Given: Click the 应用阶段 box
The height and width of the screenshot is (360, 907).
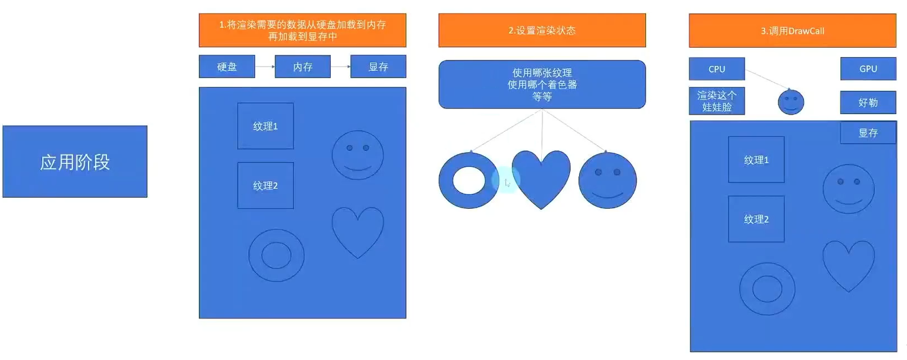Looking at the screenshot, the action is click(x=75, y=161).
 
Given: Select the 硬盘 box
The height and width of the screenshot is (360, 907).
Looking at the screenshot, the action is click(x=227, y=66).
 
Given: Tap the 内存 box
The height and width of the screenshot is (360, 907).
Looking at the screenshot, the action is click(x=303, y=66).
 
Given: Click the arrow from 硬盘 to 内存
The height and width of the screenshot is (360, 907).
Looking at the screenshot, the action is click(x=265, y=66).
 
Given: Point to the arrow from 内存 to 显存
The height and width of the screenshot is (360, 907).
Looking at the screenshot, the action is click(x=340, y=66).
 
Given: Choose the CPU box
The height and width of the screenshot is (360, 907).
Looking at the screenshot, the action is click(x=716, y=69).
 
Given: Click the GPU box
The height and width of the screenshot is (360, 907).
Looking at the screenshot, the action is click(x=868, y=69).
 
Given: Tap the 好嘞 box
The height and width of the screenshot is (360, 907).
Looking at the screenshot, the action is click(x=868, y=102).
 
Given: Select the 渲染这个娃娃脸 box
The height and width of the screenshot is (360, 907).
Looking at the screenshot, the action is click(x=716, y=101).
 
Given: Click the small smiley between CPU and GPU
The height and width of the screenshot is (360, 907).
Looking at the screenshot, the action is click(x=791, y=102).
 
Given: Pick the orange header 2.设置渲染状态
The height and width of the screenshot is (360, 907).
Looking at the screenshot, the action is click(x=542, y=30).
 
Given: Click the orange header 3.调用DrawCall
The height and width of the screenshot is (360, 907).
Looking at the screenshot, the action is click(x=792, y=30).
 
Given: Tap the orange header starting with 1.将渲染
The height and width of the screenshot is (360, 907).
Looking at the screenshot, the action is click(x=303, y=30).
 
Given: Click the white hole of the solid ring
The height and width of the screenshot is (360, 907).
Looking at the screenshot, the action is click(x=469, y=180).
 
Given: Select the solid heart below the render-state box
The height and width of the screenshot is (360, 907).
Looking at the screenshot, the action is click(x=541, y=176).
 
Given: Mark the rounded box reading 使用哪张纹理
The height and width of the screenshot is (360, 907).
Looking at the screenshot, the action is click(x=542, y=84).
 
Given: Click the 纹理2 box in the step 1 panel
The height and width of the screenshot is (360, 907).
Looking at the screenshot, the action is click(x=265, y=186).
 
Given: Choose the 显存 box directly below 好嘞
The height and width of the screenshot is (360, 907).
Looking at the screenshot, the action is click(x=868, y=133).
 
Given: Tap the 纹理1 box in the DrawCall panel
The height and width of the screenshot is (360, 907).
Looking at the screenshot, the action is click(x=756, y=160).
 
